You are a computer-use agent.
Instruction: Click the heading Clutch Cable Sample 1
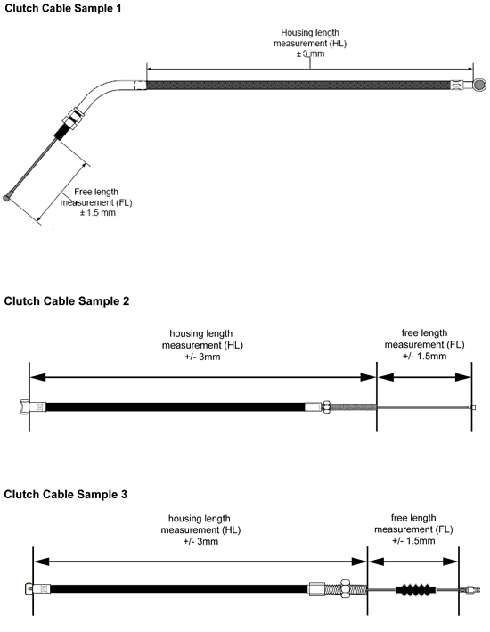coord(63,8)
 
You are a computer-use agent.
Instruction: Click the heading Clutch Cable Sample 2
coord(67,301)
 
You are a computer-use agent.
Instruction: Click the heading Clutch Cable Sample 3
coord(65,494)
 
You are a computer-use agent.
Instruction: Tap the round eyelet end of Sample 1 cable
coord(479,85)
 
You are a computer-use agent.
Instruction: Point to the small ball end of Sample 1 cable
coord(6,198)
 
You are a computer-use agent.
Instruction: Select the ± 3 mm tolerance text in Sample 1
coord(310,53)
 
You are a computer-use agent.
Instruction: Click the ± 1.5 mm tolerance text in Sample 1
coord(97,212)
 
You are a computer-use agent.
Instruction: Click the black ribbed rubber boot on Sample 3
coord(415,589)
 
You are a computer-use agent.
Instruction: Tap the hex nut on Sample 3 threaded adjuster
coord(346,588)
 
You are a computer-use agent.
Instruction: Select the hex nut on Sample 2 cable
coord(326,406)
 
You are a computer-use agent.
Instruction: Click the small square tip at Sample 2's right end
coord(473,407)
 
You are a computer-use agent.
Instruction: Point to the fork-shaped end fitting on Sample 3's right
coord(471,590)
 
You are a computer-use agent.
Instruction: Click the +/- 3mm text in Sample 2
coord(202,357)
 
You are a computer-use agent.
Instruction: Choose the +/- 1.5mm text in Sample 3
coord(413,540)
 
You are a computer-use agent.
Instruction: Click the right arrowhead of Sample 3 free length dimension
coord(451,562)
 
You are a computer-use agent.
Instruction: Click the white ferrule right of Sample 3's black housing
coord(316,589)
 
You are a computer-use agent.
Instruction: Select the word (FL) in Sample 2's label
coord(455,345)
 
